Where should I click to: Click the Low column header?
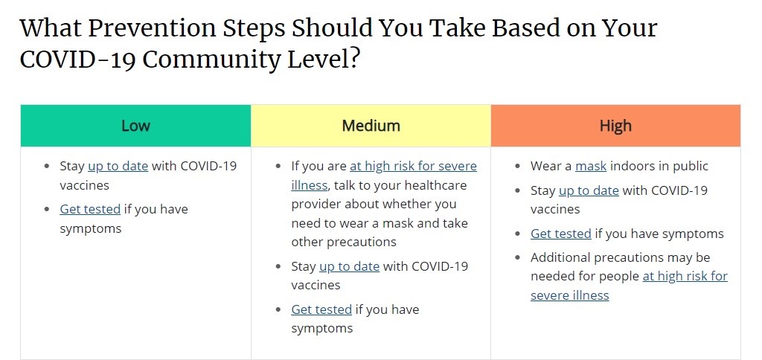click(x=135, y=126)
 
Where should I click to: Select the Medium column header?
click(x=371, y=126)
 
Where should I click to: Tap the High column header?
click(x=615, y=126)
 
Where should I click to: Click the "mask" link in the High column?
click(x=590, y=166)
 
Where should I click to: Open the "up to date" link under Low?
click(x=118, y=166)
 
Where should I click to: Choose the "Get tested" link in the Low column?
click(x=90, y=210)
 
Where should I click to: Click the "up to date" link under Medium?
click(x=349, y=267)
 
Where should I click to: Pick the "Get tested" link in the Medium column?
click(x=321, y=309)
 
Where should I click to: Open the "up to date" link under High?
click(x=589, y=190)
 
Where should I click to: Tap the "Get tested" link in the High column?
click(x=561, y=234)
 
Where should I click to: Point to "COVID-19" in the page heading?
click(x=77, y=60)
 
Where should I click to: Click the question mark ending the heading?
click(x=353, y=60)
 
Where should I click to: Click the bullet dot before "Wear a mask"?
click(x=518, y=166)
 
